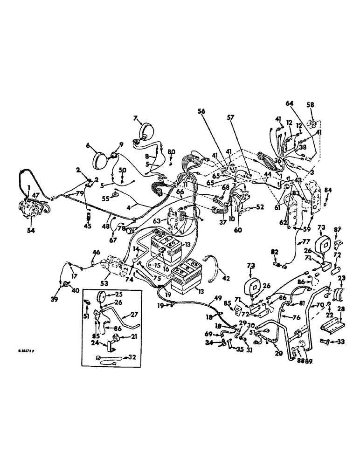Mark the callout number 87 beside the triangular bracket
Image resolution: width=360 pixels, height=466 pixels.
pyautogui.click(x=337, y=229)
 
